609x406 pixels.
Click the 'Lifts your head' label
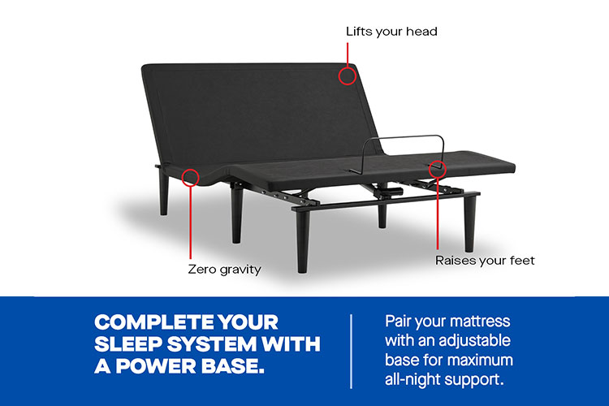(x=391, y=32)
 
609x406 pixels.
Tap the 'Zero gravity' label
(x=224, y=270)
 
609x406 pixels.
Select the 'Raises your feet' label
(x=485, y=261)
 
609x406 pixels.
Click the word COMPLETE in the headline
(x=153, y=322)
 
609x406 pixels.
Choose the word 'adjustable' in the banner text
(x=479, y=342)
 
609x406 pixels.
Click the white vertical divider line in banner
(x=351, y=352)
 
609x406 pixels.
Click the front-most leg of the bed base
(x=303, y=241)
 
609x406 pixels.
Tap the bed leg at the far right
(x=470, y=223)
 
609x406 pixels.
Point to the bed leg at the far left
(x=164, y=192)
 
